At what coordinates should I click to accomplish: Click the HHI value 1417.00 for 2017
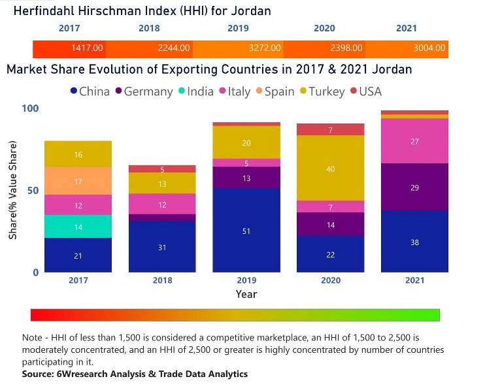pos(87,48)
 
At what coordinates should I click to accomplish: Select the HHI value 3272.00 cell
pos(265,48)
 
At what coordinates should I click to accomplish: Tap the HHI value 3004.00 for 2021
pos(429,48)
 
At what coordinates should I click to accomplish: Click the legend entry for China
pos(89,91)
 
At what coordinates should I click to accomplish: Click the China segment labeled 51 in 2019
pos(246,231)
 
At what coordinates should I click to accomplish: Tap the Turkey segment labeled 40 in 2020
pos(331,169)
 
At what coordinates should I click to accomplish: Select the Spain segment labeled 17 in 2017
pos(78,181)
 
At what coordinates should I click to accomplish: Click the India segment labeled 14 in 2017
pos(78,227)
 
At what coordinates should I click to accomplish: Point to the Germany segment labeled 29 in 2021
pos(415,188)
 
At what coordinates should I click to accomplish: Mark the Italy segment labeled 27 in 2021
pos(415,141)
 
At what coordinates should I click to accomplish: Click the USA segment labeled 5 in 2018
pos(162,169)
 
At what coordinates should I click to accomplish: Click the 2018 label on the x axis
pos(162,280)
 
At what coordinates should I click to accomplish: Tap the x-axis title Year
pos(246,294)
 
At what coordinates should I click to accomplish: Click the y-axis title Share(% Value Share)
pos(12,190)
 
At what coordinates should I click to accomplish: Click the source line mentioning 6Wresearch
pos(135,374)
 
